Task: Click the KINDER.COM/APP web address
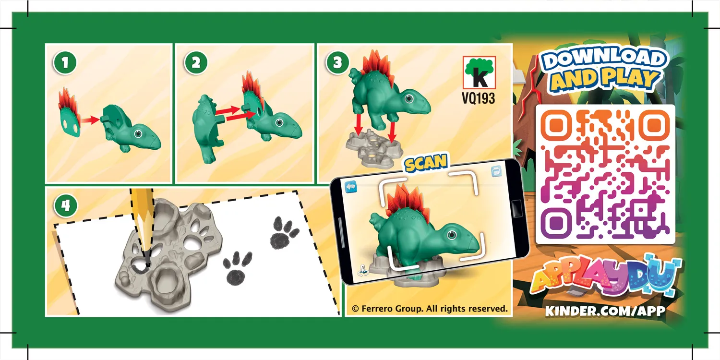pyautogui.click(x=605, y=311)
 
